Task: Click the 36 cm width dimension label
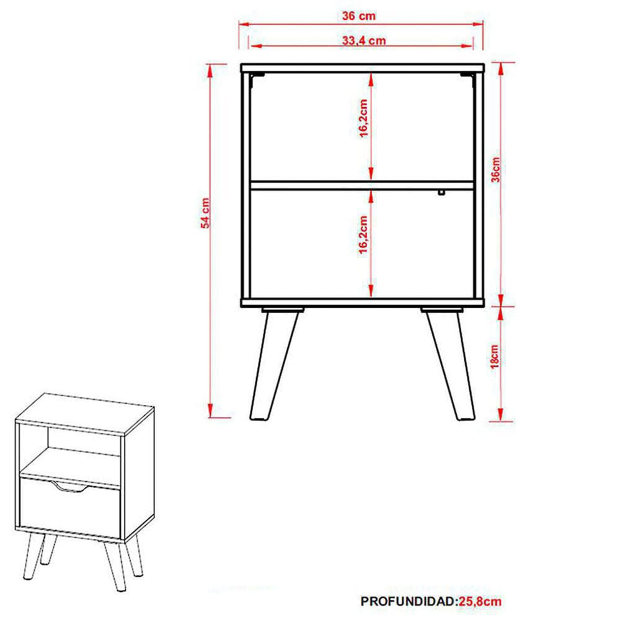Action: (x=358, y=16)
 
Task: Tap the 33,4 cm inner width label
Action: (x=364, y=40)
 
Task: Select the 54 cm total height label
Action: (x=205, y=213)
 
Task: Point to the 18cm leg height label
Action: (x=495, y=356)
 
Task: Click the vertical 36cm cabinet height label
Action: (x=495, y=170)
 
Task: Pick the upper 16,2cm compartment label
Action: (x=363, y=118)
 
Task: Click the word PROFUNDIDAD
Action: (x=409, y=601)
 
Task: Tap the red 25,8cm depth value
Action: (x=480, y=601)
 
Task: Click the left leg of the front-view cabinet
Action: (x=275, y=364)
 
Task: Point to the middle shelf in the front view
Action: (x=362, y=185)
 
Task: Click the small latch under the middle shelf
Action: (x=441, y=193)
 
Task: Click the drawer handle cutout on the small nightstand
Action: (x=69, y=488)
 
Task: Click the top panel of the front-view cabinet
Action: (x=363, y=68)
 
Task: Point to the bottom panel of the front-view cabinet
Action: (x=363, y=303)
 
